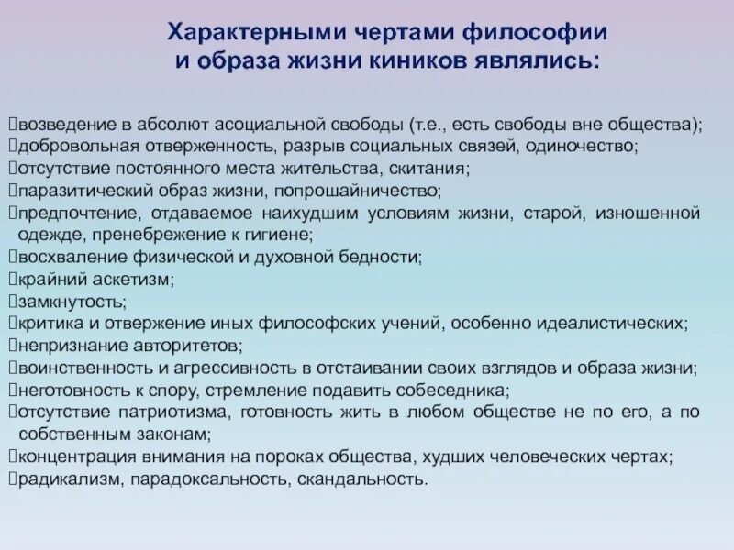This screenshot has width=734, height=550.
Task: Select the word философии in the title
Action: point(534,34)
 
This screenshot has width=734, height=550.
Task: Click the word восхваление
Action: point(55,258)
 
